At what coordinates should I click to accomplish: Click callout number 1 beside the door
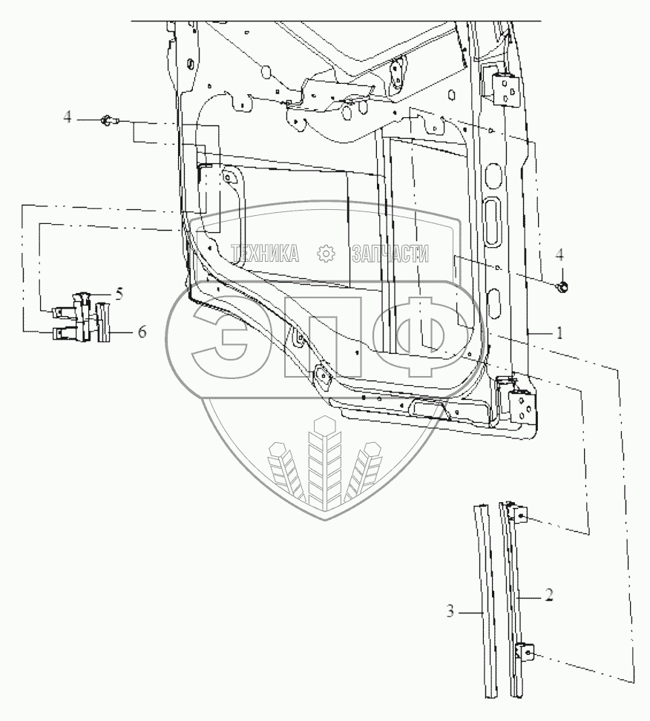coord(559,334)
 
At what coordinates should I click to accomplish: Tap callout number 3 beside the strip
coord(450,612)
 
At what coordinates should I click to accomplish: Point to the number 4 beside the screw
coord(67,116)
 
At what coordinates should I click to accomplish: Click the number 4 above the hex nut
coord(560,254)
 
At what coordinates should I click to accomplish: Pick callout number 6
coord(141,332)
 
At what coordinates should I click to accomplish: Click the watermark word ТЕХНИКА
coord(264,254)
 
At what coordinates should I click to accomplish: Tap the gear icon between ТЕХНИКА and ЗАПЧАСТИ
coord(326,254)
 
